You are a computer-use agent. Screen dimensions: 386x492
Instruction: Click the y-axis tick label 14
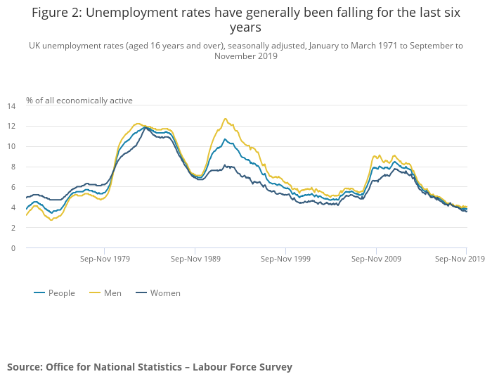pos(11,106)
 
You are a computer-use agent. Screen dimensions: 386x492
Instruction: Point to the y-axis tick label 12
pos(11,127)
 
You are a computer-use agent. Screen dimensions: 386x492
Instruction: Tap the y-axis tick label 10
pos(11,147)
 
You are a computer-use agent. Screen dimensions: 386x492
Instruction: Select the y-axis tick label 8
pos(13,167)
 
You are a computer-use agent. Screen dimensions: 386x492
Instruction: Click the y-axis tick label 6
pos(13,187)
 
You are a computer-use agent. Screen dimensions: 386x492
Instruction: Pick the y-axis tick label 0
pos(13,248)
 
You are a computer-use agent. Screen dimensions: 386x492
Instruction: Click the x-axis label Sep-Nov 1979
pos(105,259)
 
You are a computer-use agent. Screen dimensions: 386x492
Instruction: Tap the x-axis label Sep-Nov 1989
pos(195,259)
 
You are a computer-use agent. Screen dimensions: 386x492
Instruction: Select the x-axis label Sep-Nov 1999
pos(286,259)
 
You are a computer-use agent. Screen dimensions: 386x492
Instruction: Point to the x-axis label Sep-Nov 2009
pos(376,259)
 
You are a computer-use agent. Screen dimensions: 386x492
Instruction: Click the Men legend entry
pos(112,293)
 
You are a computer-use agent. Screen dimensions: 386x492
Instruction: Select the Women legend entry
pos(164,293)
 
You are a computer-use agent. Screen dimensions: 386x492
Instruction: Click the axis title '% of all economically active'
pos(79,101)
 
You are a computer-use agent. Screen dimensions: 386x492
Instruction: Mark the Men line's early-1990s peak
pos(226,119)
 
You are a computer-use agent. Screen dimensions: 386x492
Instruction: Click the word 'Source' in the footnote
pos(24,367)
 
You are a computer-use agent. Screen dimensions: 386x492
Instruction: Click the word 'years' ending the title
pos(245,27)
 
